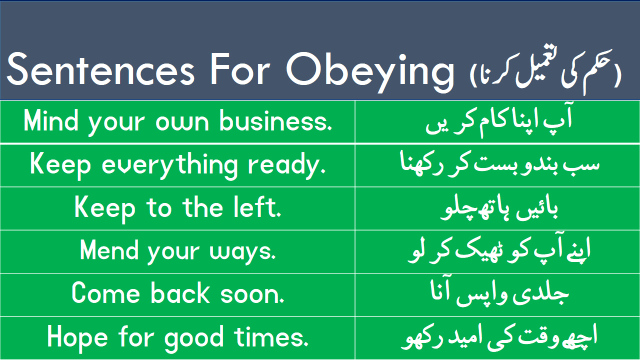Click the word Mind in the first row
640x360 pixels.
[x=51, y=121]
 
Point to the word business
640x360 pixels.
[x=275, y=121]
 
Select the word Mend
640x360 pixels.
[x=109, y=250]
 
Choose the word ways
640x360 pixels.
[x=242, y=252]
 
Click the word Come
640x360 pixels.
[x=105, y=293]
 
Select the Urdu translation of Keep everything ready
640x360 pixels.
[x=499, y=165]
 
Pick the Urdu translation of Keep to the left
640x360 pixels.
[x=499, y=208]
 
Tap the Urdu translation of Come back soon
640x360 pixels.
[x=499, y=293]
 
